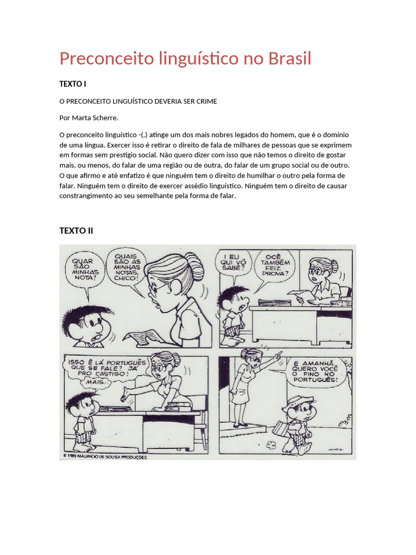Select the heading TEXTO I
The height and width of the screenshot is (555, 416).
tap(73, 84)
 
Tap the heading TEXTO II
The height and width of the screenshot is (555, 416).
tap(76, 230)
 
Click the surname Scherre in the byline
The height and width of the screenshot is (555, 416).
tap(103, 117)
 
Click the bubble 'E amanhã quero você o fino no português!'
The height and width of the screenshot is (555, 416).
tap(315, 372)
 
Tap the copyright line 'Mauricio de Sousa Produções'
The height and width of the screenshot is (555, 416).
tap(106, 457)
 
